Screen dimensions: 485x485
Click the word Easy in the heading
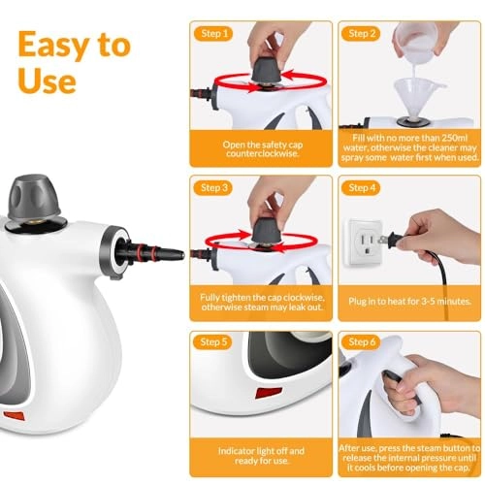59,45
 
